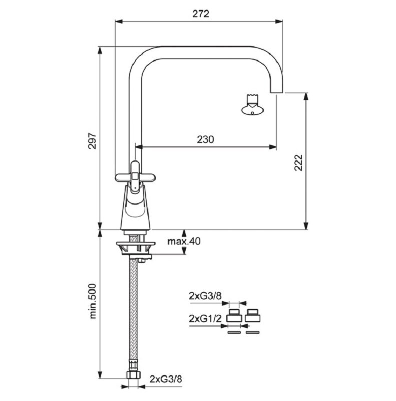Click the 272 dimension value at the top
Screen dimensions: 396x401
click(201, 14)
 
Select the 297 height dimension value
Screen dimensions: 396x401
click(92, 141)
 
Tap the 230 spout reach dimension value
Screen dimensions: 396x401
click(205, 139)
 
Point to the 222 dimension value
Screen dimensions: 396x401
click(298, 162)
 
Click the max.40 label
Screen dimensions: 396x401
click(184, 241)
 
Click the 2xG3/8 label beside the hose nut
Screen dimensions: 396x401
click(166, 379)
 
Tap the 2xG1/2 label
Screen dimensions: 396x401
click(205, 319)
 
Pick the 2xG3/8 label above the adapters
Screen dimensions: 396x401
click(205, 296)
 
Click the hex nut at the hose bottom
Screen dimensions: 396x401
click(134, 375)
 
